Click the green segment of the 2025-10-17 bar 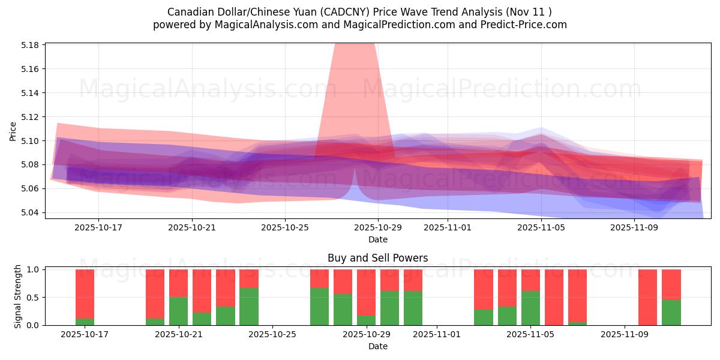[85, 322]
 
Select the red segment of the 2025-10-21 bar [178, 283]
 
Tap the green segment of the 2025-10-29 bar [366, 320]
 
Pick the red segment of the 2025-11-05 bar [530, 280]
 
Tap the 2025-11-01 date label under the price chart [448, 228]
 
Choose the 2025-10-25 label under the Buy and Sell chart [272, 335]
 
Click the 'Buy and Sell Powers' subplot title [377, 258]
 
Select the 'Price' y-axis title [13, 131]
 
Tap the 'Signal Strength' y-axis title [18, 296]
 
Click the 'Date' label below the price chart [377, 239]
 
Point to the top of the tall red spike [354, 45]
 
